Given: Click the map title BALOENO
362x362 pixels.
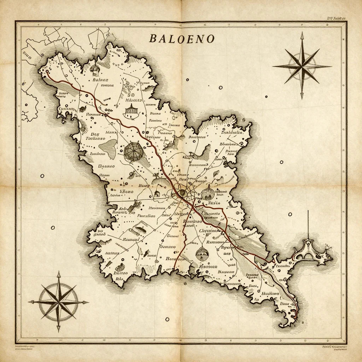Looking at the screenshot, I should [x=182, y=39].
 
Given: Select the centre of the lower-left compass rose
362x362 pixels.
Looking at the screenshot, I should [x=59, y=302].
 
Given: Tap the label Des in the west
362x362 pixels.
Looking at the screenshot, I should [x=94, y=134].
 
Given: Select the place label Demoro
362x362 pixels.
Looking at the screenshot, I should [x=168, y=247].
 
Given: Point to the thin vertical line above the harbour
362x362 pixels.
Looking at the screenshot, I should [x=308, y=224].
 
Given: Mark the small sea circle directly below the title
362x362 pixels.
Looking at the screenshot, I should [x=187, y=80].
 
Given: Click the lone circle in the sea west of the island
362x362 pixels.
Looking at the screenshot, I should [x=42, y=176].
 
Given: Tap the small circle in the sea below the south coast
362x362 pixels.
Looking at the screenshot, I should [x=185, y=284].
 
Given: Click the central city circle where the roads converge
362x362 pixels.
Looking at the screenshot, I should [x=182, y=193].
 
